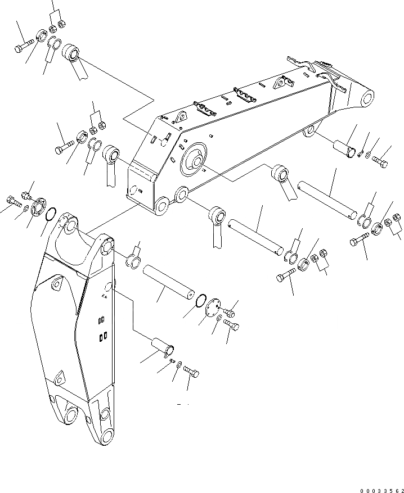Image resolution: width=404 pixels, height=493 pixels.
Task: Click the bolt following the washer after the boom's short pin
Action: [x=380, y=164]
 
